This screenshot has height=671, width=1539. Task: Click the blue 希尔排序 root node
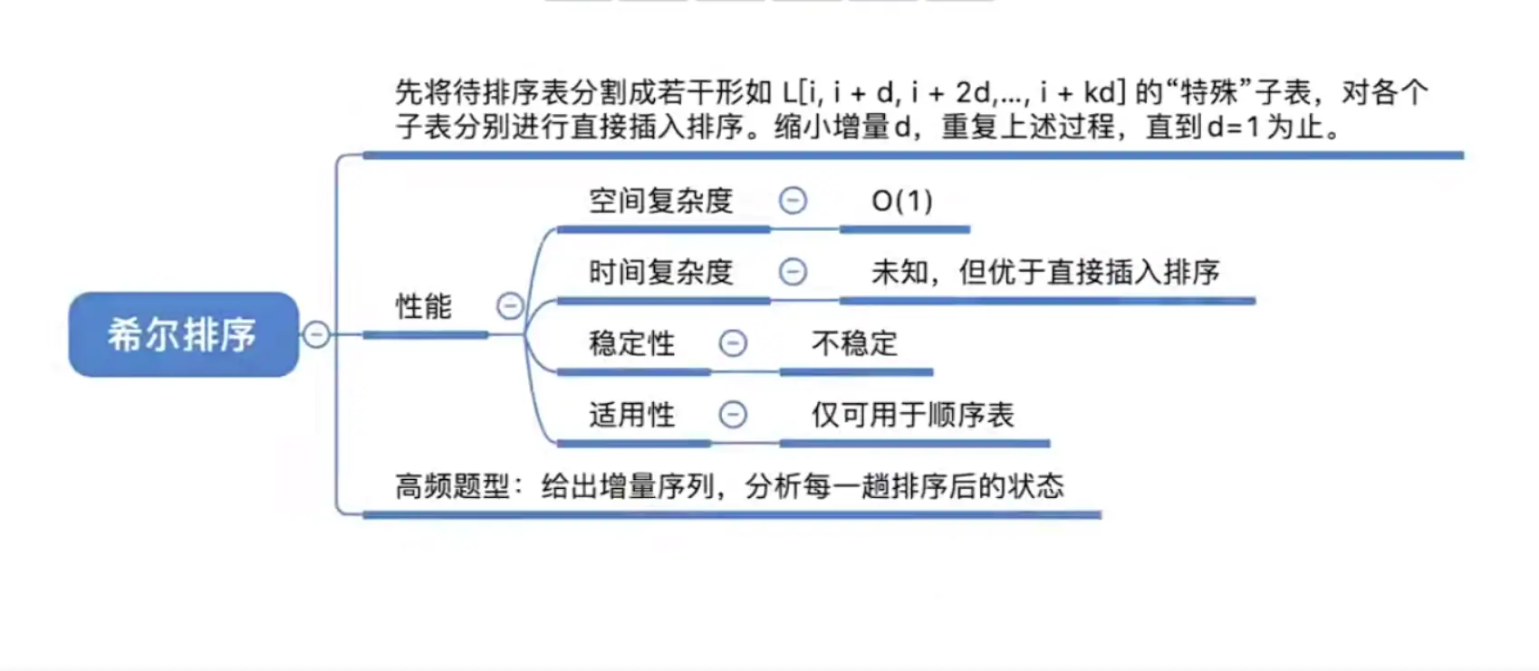coord(184,334)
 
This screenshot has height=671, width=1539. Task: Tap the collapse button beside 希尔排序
coord(316,334)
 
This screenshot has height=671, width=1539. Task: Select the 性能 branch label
coord(424,306)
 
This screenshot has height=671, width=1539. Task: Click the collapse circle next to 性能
coord(510,306)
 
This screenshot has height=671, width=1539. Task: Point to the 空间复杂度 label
coord(661,201)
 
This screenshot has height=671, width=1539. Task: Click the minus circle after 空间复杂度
coord(793,200)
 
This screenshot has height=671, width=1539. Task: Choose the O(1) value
coord(902,201)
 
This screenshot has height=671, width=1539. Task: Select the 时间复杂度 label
coord(661,272)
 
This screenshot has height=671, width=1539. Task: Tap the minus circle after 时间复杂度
coord(793,272)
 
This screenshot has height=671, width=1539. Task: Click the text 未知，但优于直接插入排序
coord(1045,272)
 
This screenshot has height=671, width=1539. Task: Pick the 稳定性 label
coord(632,343)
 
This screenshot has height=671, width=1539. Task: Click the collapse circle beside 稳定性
coord(733,342)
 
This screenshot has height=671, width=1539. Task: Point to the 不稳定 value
coord(855,343)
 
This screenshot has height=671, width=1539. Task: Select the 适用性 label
coord(632,415)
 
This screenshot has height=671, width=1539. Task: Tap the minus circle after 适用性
coord(733,414)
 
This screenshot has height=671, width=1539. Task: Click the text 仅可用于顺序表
coord(912,415)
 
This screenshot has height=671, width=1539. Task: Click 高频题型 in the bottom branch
coord(452,486)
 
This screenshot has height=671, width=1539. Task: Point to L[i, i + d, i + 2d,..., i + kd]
coord(955,92)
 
